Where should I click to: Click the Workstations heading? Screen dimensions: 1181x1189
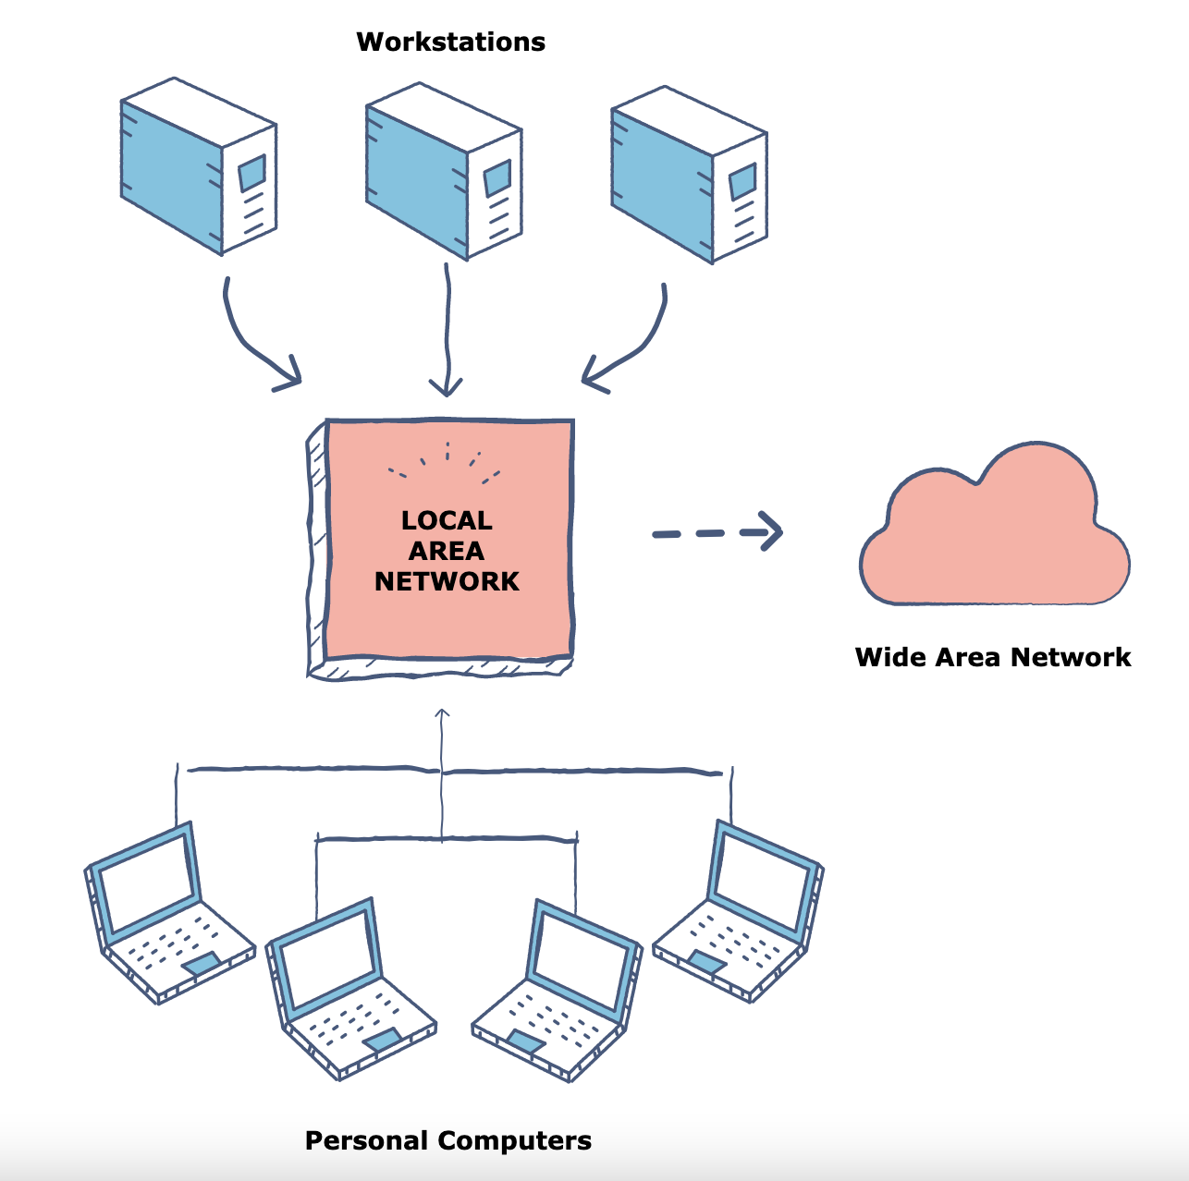[450, 42]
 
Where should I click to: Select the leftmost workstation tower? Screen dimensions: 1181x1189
[198, 166]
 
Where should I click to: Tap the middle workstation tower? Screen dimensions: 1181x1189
[444, 171]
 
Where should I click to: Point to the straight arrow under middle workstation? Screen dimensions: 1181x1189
[447, 333]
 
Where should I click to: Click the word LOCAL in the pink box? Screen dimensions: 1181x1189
[447, 520]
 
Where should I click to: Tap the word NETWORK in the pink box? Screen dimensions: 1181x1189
[447, 581]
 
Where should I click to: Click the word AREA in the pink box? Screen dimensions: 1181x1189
[447, 551]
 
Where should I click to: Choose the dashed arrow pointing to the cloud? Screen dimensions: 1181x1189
[717, 532]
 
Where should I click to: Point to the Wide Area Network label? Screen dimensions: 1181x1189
[993, 657]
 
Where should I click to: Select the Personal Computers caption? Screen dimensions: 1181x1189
[448, 1140]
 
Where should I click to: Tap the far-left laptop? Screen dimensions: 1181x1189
[166, 915]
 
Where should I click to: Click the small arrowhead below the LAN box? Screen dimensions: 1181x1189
[442, 713]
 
